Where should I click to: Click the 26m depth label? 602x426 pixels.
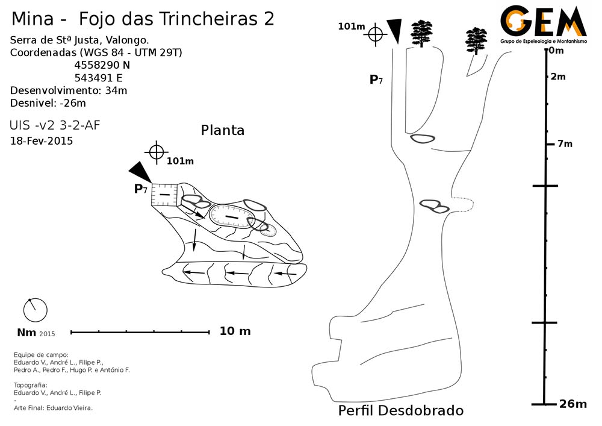click(572, 404)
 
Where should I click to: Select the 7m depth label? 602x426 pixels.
click(565, 143)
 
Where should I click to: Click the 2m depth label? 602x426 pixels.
click(558, 77)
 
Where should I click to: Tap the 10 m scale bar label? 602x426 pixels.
click(235, 331)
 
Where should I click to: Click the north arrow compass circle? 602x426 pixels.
click(35, 310)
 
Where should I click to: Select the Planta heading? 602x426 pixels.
click(223, 130)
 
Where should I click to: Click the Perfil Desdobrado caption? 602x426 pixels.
click(401, 411)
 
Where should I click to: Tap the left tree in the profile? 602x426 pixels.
click(421, 33)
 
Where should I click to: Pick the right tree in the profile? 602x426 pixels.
click(476, 40)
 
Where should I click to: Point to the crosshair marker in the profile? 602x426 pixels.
click(376, 34)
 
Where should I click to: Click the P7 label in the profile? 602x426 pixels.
click(376, 79)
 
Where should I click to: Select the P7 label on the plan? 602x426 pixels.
click(141, 189)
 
